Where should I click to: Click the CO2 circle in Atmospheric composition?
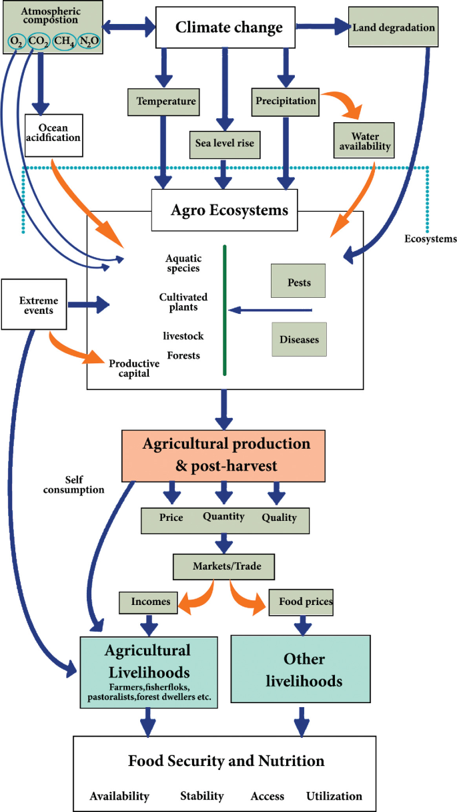pyautogui.click(x=39, y=42)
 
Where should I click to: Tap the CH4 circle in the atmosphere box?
pyautogui.click(x=64, y=42)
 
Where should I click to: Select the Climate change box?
pyautogui.click(x=225, y=27)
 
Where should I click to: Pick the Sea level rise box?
pyautogui.click(x=224, y=143)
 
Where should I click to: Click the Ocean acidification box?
pyautogui.click(x=55, y=132)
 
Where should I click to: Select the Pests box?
pyautogui.click(x=299, y=282)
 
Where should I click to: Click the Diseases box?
pyautogui.click(x=299, y=339)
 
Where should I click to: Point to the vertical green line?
pyautogui.click(x=225, y=311)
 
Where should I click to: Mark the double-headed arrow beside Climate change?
pyautogui.click(x=129, y=27)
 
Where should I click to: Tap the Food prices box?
pyautogui.click(x=300, y=602)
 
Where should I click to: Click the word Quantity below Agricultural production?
pyautogui.click(x=223, y=516)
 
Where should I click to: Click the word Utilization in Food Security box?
pyautogui.click(x=334, y=796)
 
